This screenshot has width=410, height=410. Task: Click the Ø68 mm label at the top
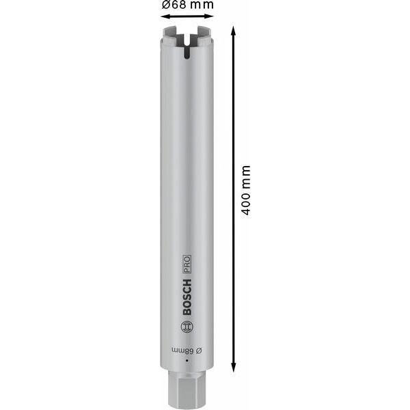(x=187, y=5)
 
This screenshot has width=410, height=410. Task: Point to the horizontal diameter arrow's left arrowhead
(x=164, y=16)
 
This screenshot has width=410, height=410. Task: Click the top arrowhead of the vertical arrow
(x=233, y=31)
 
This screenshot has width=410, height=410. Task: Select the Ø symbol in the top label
(x=165, y=5)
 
